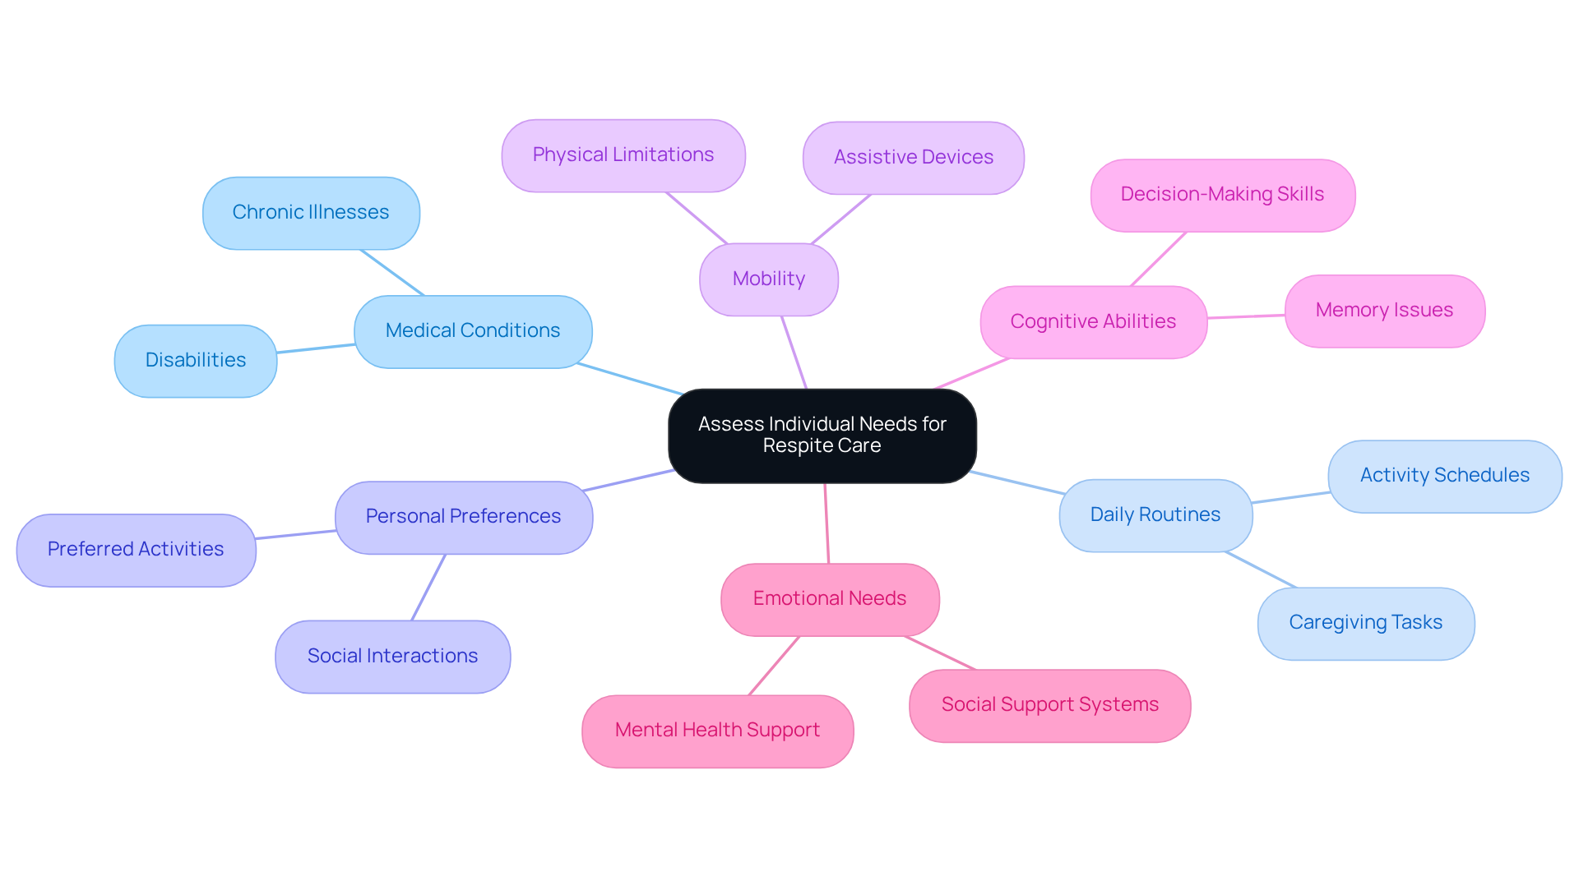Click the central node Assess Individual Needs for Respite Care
[822, 436]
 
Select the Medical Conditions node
[473, 331]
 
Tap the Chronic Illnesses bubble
[311, 213]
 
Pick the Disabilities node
[196, 361]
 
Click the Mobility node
[768, 279]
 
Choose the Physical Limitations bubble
[623, 155]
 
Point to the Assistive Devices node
[913, 158]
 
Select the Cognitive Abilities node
[1093, 322]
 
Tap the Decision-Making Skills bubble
[1222, 195]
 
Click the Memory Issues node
[1384, 311]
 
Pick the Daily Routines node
[1155, 515]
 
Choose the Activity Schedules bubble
[1444, 476]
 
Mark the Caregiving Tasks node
[1365, 623]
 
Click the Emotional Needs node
[829, 599]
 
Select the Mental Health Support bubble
[717, 731]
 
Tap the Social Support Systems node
[1049, 705]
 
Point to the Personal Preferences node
[463, 517]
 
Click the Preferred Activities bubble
[136, 550]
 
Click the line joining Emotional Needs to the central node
[827, 523]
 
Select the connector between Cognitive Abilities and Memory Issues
[1246, 316]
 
